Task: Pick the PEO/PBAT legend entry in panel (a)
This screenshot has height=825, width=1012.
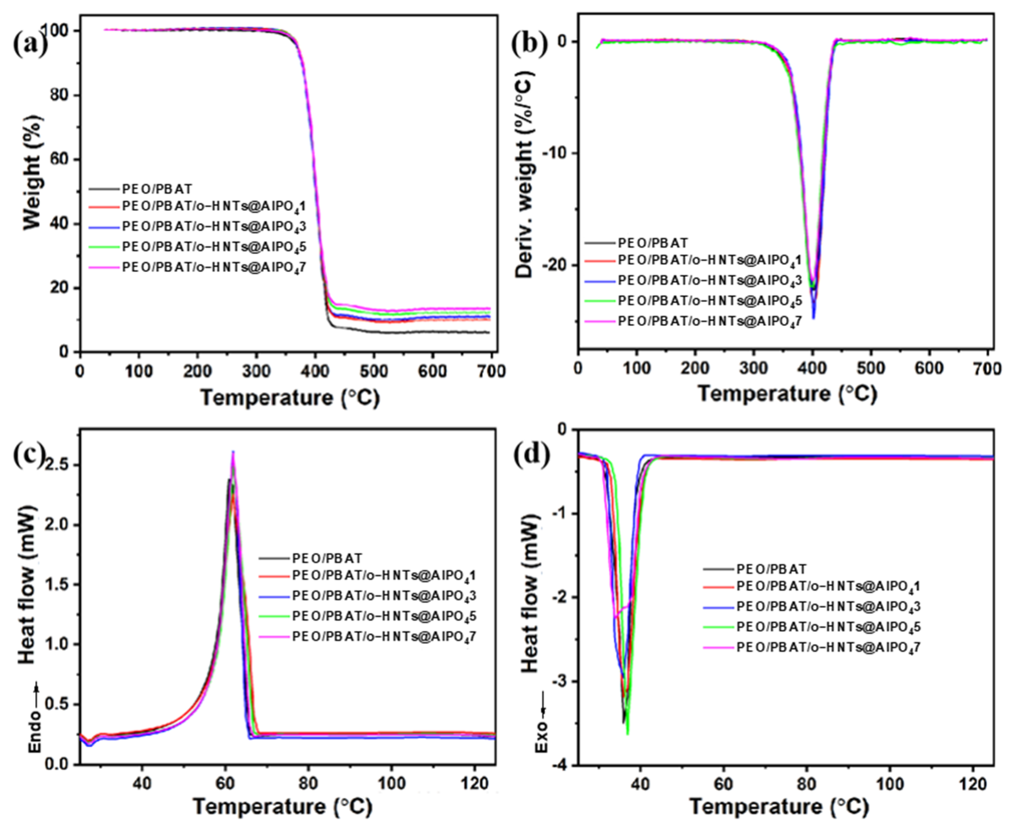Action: pos(157,189)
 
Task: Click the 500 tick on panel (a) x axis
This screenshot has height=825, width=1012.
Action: pos(374,371)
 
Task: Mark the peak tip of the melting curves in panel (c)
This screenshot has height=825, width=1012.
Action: pos(233,453)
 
